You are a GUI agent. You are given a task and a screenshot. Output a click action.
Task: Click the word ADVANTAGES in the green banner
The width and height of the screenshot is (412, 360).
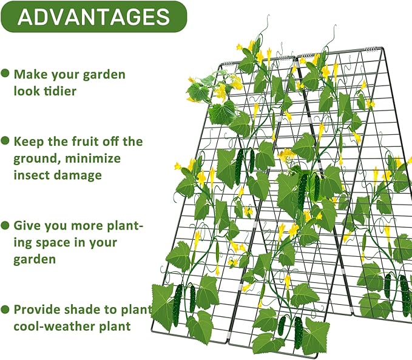click(x=93, y=17)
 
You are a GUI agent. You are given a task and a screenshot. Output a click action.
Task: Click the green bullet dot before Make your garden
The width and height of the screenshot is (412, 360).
click(x=5, y=73)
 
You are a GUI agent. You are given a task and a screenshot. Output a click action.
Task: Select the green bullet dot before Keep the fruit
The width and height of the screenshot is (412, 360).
click(x=5, y=141)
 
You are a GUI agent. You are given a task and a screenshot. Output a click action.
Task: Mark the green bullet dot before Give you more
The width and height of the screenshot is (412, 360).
click(x=5, y=225)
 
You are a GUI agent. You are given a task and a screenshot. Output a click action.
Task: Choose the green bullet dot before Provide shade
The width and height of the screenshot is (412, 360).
click(x=5, y=310)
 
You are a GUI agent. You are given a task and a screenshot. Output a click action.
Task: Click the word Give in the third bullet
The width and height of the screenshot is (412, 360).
click(x=27, y=226)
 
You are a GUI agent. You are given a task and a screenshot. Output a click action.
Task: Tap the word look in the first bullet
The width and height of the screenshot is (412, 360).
click(x=27, y=90)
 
